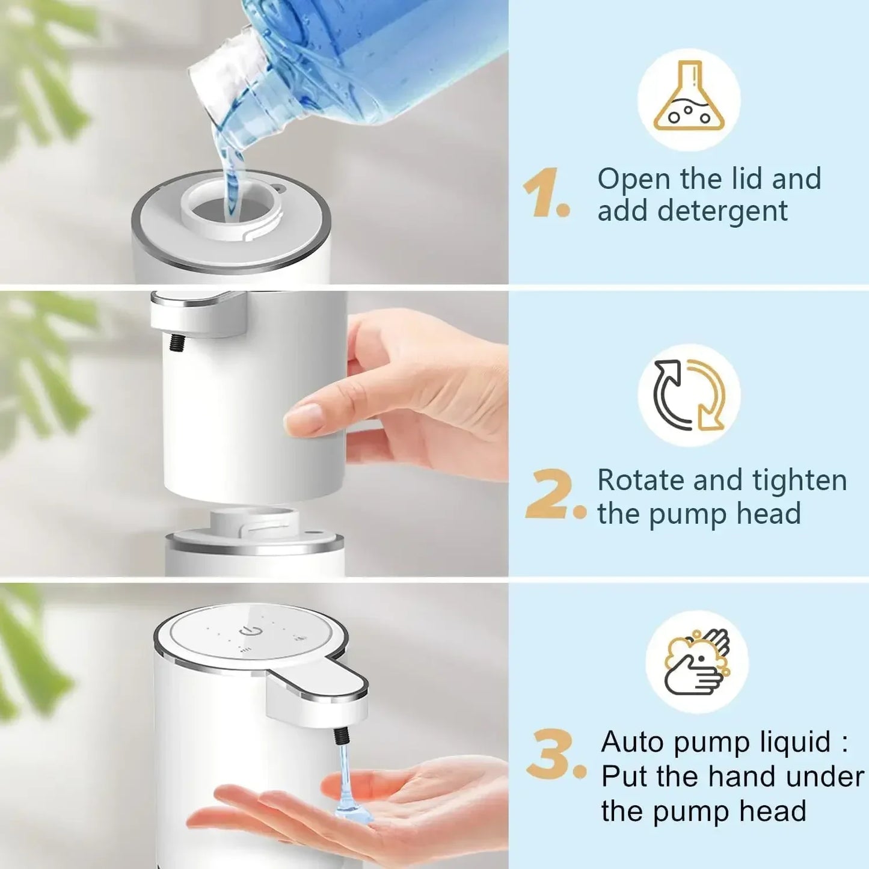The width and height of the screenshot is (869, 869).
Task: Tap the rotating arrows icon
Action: pyautogui.click(x=689, y=395)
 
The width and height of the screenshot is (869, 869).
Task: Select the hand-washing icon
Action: pyautogui.click(x=697, y=662)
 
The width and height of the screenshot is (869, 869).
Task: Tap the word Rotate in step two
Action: pyautogui.click(x=640, y=481)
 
